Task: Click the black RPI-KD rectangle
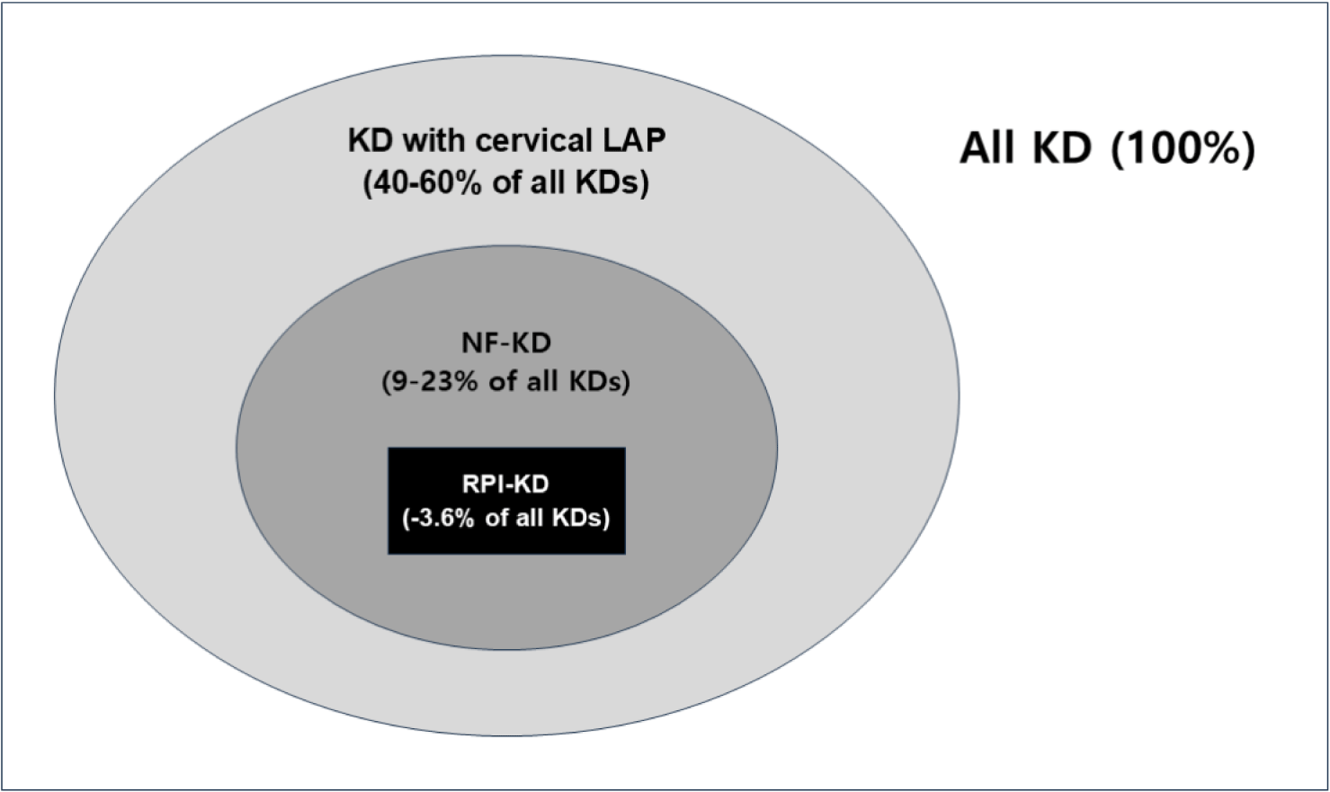tap(506, 501)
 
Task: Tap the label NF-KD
tap(506, 343)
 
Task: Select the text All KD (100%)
tap(1108, 147)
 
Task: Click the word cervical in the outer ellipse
tap(534, 141)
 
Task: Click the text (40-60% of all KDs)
tap(506, 182)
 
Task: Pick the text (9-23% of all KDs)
tap(506, 382)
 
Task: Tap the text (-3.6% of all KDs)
tap(506, 519)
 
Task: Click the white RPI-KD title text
tap(506, 485)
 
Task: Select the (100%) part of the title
tap(1183, 147)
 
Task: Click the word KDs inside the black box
tap(581, 519)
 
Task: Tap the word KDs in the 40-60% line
tap(612, 182)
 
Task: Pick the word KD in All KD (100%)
tap(1063, 147)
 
